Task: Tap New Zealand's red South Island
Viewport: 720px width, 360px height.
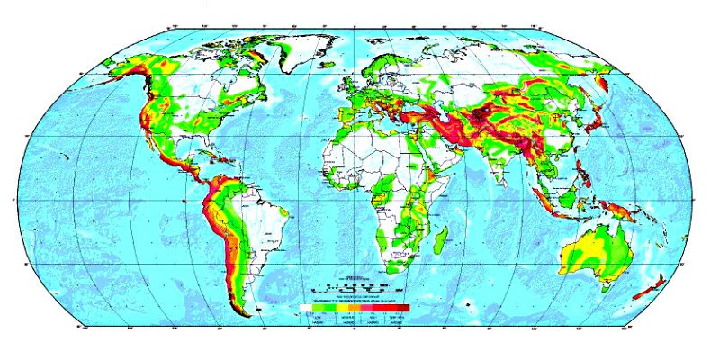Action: click(x=643, y=292)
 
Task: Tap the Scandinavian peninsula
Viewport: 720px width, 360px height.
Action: click(x=377, y=67)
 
